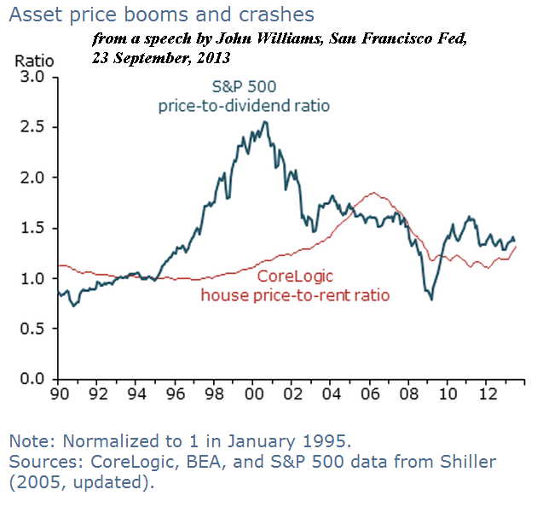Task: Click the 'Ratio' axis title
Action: tap(34, 61)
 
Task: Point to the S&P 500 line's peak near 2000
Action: tap(265, 122)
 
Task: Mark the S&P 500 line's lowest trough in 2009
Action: tap(431, 300)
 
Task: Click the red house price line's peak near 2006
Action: tap(372, 193)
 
